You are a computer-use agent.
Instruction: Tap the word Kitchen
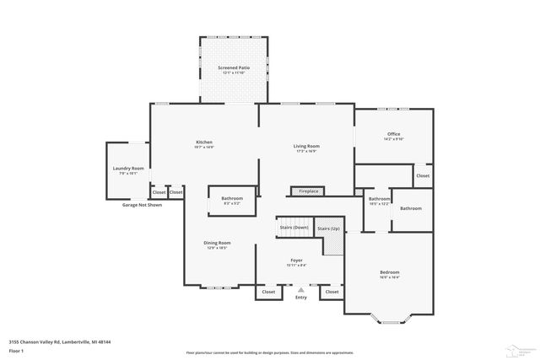pyautogui.click(x=204, y=142)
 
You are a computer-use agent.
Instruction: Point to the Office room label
pyautogui.click(x=393, y=134)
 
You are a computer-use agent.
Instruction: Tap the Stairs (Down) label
pyautogui.click(x=294, y=227)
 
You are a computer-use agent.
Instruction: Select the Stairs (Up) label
pyautogui.click(x=329, y=228)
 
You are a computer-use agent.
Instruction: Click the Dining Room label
pyautogui.click(x=217, y=243)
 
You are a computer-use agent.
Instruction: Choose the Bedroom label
pyautogui.click(x=389, y=272)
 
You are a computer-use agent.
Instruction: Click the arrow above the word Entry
pyautogui.click(x=300, y=289)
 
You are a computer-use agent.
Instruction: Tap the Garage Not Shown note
pyautogui.click(x=142, y=205)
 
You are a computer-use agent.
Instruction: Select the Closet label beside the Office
pyautogui.click(x=422, y=176)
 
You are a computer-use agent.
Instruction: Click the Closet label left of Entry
pyautogui.click(x=268, y=292)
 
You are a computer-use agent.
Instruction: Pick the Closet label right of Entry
pyautogui.click(x=332, y=292)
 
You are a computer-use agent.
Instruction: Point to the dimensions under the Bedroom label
pyautogui.click(x=389, y=278)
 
